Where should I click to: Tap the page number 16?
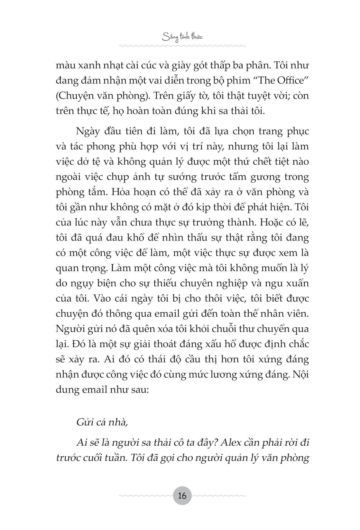(182, 496)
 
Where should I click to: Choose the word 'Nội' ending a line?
(300, 374)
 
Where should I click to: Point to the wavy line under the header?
(182, 46)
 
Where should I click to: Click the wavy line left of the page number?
(144, 496)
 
